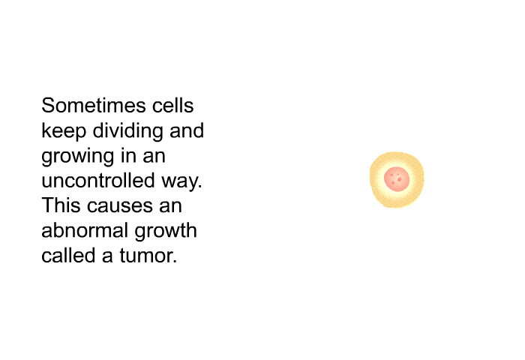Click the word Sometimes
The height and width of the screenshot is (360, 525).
click(x=94, y=105)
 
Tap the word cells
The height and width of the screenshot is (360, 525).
click(x=172, y=105)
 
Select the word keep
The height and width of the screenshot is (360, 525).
click(x=64, y=131)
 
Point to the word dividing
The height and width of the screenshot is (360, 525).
click(x=128, y=131)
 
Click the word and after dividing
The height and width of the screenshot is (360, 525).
click(x=187, y=130)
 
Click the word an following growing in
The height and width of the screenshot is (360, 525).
click(x=154, y=157)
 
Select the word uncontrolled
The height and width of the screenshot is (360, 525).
click(x=98, y=180)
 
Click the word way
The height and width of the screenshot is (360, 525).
click(x=181, y=181)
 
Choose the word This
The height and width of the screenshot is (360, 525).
click(x=61, y=205)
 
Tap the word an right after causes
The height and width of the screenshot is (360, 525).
click(x=170, y=206)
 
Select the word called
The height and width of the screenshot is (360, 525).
click(x=69, y=255)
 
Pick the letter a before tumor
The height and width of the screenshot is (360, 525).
click(x=107, y=256)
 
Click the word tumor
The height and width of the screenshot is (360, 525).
click(x=148, y=256)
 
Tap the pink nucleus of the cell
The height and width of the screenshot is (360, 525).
click(x=397, y=179)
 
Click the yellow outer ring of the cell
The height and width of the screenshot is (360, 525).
click(x=375, y=179)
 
